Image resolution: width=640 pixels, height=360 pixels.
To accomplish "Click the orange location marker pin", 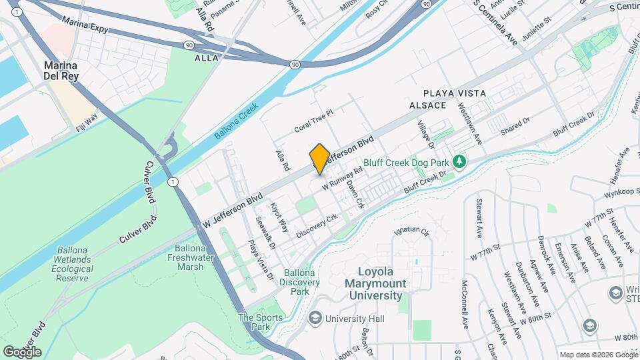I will tap(319, 159).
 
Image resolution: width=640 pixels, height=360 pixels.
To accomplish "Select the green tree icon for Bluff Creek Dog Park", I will tap(459, 161).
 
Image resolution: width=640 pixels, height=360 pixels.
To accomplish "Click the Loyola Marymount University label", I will tap(381, 283).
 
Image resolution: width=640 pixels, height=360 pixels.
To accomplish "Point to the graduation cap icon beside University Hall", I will tap(314, 319).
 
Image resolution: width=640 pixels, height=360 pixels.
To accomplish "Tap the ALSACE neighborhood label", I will tap(427, 106).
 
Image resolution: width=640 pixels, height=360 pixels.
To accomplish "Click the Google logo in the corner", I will tap(22, 351).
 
